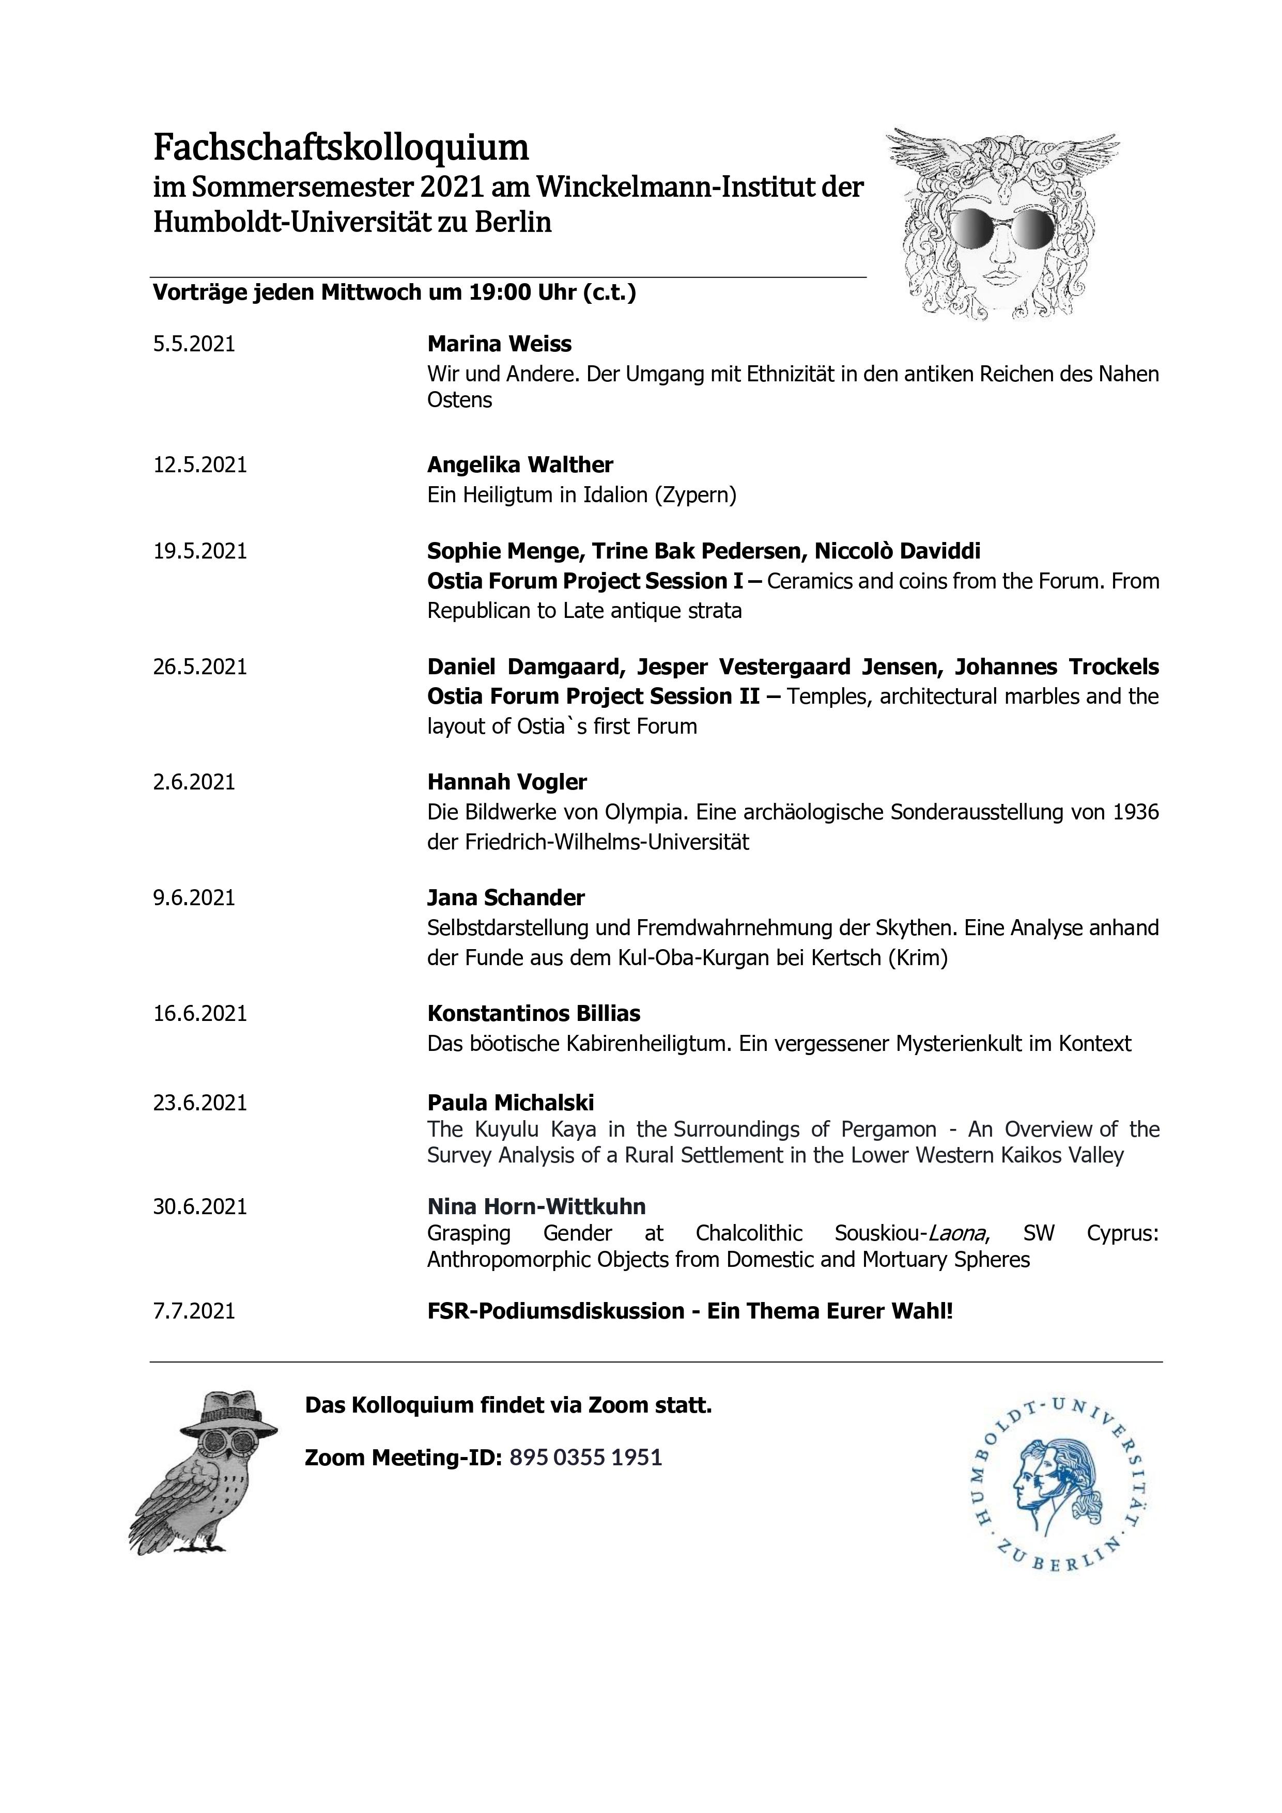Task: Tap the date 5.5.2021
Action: [x=194, y=344]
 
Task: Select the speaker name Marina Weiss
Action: [x=499, y=344]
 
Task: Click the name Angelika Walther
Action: [x=520, y=464]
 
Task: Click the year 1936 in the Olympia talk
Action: [x=1135, y=813]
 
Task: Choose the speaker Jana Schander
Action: [x=505, y=898]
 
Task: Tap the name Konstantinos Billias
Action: [x=533, y=1013]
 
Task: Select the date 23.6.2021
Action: [x=200, y=1103]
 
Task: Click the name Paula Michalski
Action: [x=511, y=1103]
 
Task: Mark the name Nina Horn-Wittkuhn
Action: [x=536, y=1206]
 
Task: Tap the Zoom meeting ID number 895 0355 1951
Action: [x=585, y=1457]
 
